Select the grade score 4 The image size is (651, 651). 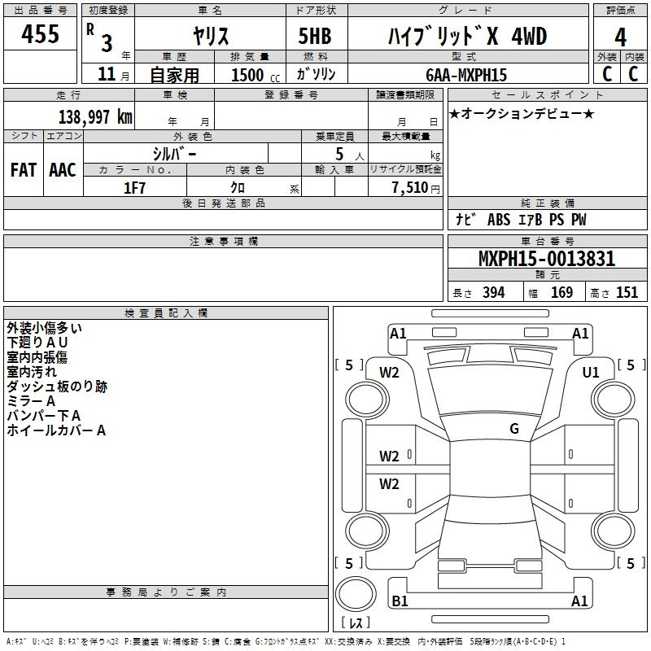click(x=620, y=37)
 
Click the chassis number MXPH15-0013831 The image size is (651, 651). click(x=546, y=259)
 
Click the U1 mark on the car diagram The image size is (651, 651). click(x=591, y=372)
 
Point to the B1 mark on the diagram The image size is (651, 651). click(x=400, y=601)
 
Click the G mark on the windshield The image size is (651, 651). click(x=514, y=429)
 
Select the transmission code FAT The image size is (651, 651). click(x=24, y=170)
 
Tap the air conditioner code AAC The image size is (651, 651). click(x=63, y=170)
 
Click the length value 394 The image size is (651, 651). click(x=493, y=293)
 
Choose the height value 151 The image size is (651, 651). click(x=627, y=293)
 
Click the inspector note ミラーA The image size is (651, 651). click(x=31, y=401)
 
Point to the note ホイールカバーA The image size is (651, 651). click(x=56, y=430)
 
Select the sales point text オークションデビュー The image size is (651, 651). click(x=522, y=113)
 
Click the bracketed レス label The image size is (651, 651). click(x=356, y=624)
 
